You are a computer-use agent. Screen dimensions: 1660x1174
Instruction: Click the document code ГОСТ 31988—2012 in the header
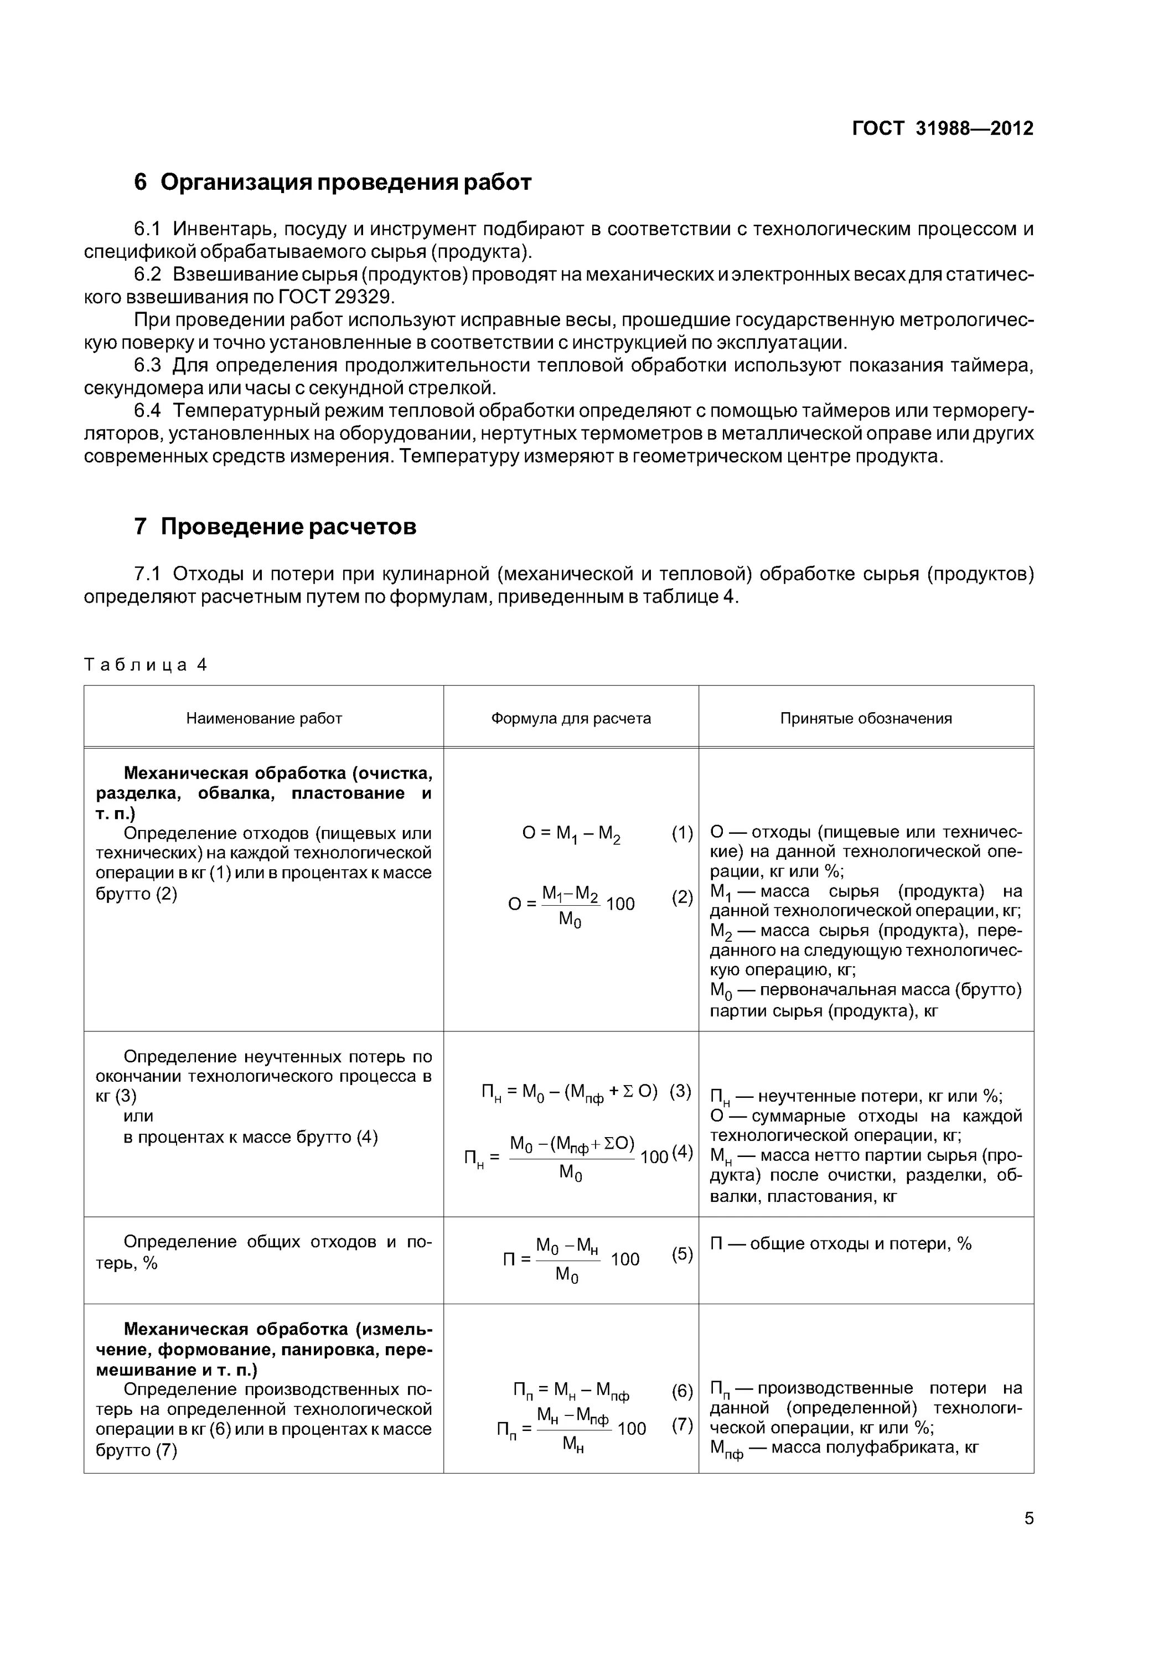942,129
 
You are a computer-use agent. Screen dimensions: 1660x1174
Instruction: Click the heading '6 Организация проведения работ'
333,182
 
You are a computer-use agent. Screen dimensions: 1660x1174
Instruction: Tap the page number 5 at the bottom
1028,1518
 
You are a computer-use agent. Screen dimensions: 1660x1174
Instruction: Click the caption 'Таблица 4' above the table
146,665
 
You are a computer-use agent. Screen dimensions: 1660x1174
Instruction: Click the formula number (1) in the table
681,833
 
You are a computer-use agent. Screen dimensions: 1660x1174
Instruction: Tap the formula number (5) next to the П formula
681,1254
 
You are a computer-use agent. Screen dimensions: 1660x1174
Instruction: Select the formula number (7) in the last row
681,1425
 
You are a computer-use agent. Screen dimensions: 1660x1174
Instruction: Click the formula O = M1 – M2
571,834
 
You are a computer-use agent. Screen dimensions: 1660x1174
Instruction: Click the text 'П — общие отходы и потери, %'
841,1243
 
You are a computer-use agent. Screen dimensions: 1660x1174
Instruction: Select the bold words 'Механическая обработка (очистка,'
278,774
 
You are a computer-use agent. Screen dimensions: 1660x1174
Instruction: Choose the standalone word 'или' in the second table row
138,1116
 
